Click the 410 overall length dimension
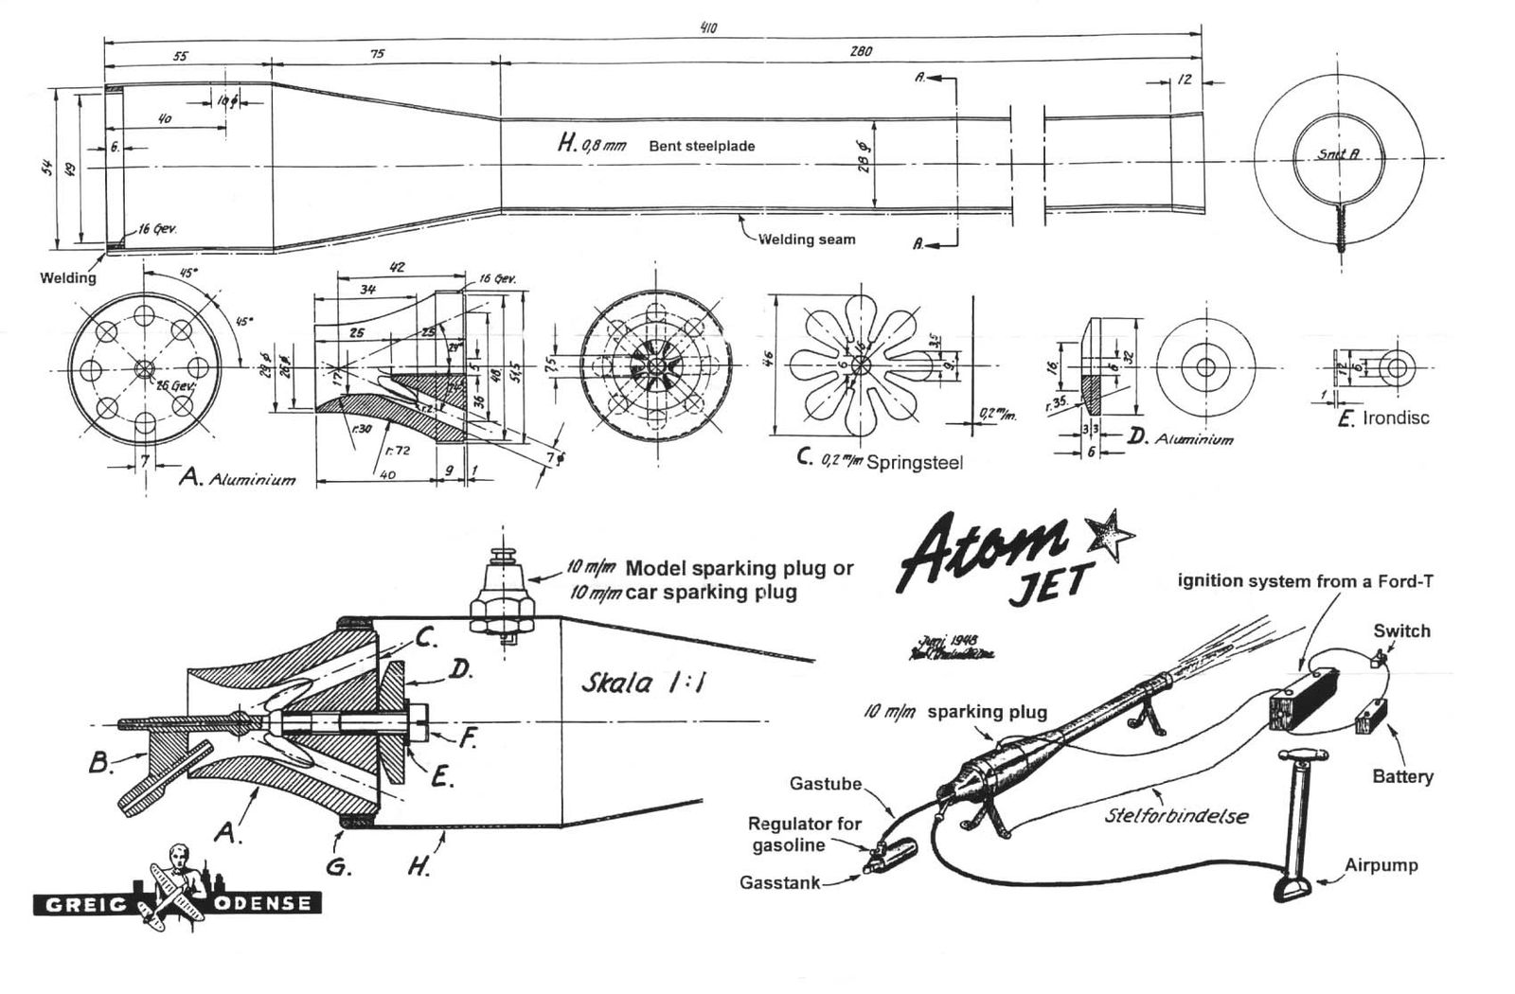707,27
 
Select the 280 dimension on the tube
861,52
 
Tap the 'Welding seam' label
806,240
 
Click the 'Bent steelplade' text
702,147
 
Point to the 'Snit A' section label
1338,153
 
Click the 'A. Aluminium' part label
237,478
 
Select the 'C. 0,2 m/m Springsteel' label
880,461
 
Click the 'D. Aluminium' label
1180,438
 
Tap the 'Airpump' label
1381,865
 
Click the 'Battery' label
1402,776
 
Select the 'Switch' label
1401,631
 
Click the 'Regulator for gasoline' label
805,833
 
